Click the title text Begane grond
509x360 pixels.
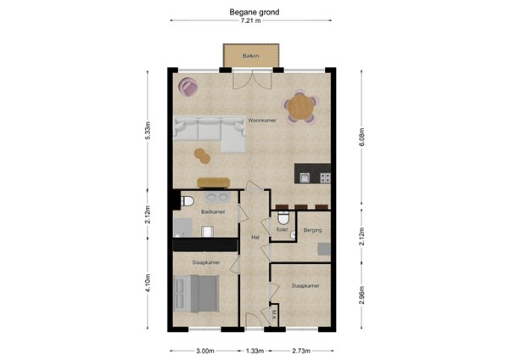254,13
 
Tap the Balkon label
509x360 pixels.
250,55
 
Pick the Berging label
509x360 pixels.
313,229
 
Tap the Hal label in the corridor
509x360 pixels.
255,238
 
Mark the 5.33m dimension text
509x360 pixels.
147,131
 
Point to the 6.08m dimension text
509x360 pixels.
362,138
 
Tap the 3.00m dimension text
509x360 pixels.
204,351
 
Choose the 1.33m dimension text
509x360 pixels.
255,351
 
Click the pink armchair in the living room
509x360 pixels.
188,86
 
